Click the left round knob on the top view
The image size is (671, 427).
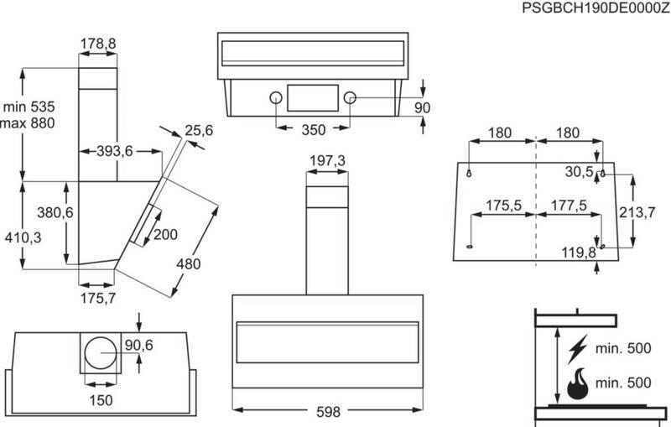coord(276,98)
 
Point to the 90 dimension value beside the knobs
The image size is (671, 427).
coord(422,107)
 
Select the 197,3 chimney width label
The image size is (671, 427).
coord(325,160)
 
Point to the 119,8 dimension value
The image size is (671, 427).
coord(579,252)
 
